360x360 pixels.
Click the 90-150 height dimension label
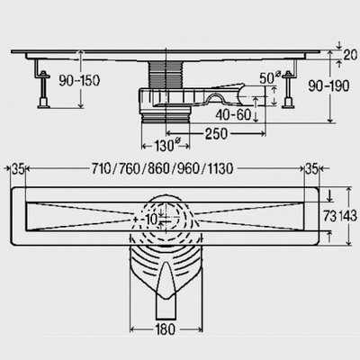pos(79,80)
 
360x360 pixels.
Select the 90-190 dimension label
pos(329,85)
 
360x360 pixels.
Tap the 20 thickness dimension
pos(350,55)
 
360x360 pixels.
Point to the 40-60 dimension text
pos(233,114)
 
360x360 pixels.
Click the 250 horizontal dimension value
pos(216,134)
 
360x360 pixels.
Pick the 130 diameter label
pos(166,146)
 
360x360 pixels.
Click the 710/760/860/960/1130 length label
pos(162,169)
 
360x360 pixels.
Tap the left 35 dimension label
pos(18,169)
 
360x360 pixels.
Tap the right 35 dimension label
pos(311,169)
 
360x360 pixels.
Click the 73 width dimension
pos(329,216)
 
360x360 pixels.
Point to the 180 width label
pos(166,329)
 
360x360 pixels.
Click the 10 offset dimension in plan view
pos(152,220)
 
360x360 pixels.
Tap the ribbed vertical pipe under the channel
pos(166,75)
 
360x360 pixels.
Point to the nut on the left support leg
pos(44,74)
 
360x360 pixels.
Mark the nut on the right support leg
pos(289,74)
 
